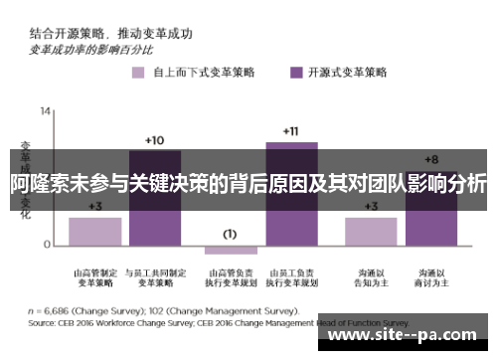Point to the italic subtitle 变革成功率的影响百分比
(91, 48)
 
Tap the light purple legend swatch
(135, 72)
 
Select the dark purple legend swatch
(295, 72)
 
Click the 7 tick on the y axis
(48, 176)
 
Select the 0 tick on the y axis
(48, 245)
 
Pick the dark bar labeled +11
(291, 193)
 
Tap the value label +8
(430, 159)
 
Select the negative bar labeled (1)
(230, 249)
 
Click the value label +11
(290, 131)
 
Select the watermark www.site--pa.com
(407, 336)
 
